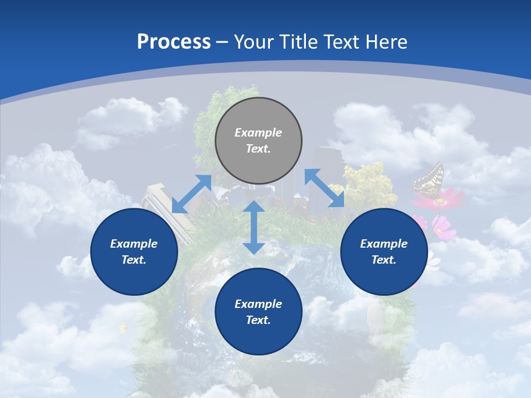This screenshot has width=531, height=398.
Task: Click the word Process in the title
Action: [x=174, y=42]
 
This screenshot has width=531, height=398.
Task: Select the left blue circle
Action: [x=134, y=252]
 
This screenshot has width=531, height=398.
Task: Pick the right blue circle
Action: [x=384, y=252]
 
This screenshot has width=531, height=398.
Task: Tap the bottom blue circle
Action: [x=258, y=312]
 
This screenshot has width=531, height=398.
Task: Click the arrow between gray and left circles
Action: [x=192, y=194]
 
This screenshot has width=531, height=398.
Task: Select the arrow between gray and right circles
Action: [x=324, y=188]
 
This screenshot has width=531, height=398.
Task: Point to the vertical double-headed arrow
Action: [x=254, y=227]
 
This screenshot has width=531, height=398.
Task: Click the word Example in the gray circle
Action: [x=258, y=133]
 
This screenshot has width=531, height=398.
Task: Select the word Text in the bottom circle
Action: [x=258, y=320]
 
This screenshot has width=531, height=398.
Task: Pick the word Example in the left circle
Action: [x=134, y=244]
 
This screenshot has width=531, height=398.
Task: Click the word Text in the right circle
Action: [x=384, y=260]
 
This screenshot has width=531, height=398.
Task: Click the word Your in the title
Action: [x=252, y=42]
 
